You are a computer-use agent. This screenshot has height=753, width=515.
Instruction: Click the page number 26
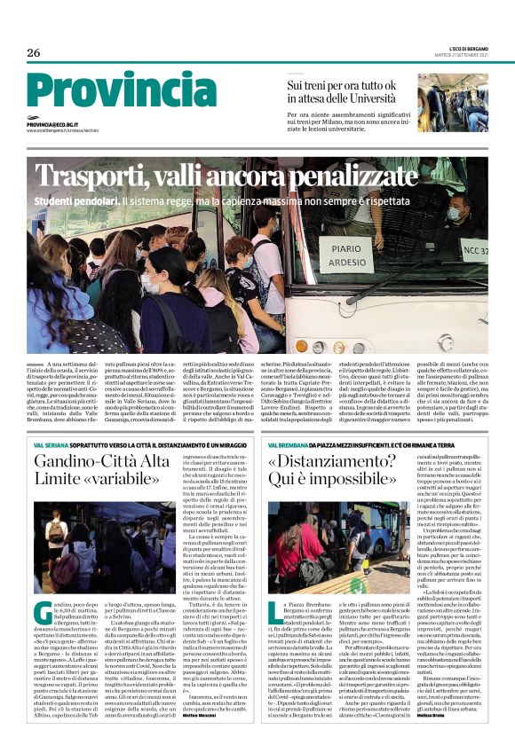coord(34,53)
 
